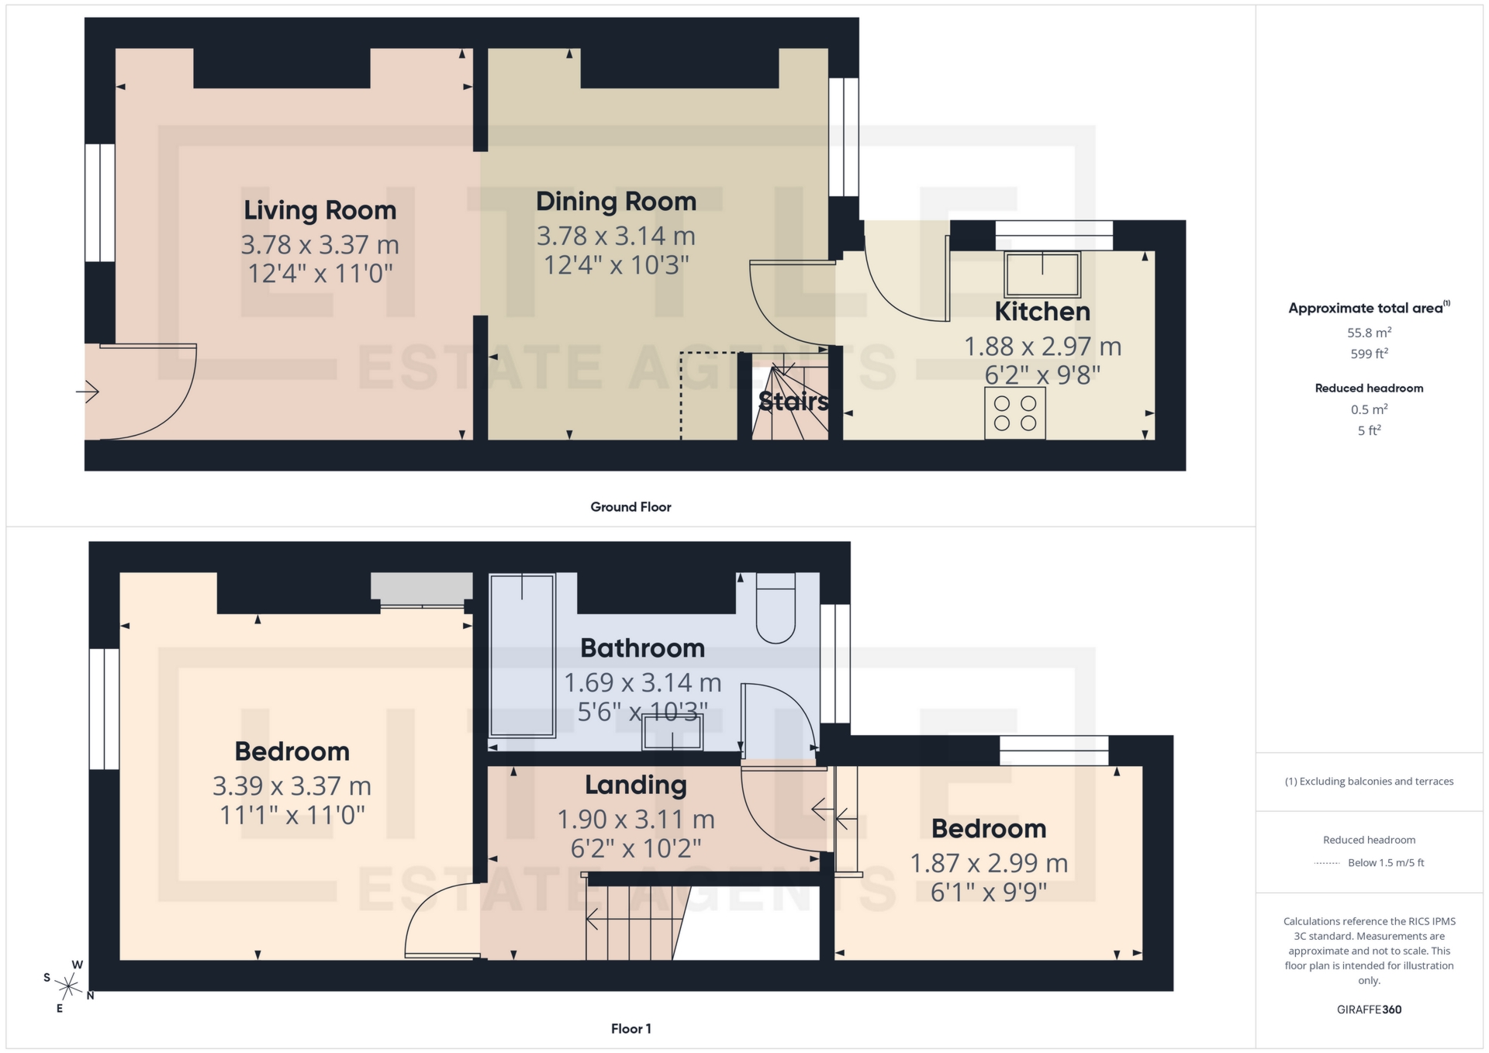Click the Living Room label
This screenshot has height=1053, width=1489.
coord(320,210)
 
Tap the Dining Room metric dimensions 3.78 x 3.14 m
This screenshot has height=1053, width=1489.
coord(616,236)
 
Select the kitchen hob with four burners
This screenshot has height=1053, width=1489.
coord(1014,413)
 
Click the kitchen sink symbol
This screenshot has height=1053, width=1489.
coord(1042,274)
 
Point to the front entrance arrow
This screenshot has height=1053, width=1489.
coord(88,392)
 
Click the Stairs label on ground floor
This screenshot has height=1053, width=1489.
coord(793,402)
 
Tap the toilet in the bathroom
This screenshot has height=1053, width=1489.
coord(776,609)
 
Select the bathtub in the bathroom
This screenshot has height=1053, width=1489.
coord(522,654)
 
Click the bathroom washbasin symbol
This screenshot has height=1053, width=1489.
coord(672,733)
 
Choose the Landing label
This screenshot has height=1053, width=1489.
coord(635,785)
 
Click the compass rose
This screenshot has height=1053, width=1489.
coord(68,986)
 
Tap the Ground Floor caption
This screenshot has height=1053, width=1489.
coord(630,507)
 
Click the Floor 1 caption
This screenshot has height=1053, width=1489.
coord(630,1029)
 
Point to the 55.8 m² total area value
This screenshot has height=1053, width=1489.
coord(1369,333)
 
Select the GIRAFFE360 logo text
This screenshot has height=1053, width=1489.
coord(1369,1010)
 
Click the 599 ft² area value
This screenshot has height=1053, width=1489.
coord(1369,354)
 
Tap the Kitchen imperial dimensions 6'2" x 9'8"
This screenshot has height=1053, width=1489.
coord(1042,375)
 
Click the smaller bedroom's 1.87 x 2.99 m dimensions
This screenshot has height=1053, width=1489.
coord(988,863)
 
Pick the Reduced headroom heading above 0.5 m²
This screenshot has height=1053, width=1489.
coord(1369,388)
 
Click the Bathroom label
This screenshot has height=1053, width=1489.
coord(642,648)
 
